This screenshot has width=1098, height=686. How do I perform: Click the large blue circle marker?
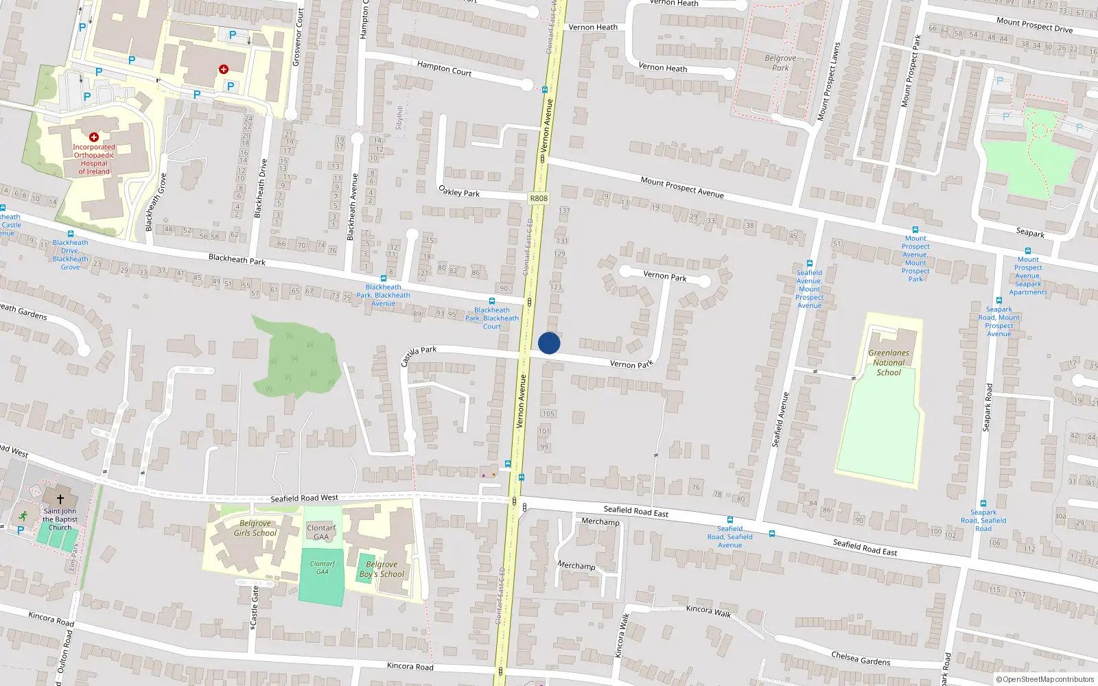549,343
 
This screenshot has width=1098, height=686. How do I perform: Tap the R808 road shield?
539,198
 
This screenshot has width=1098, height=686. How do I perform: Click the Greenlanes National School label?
889,363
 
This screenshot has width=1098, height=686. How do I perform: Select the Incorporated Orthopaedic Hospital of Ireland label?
94,159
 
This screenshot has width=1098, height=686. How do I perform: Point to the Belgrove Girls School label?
255,528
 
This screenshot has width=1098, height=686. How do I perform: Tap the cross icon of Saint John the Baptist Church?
60,499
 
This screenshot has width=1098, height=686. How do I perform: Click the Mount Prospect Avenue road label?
682,187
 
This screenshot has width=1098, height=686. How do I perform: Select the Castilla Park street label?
418,355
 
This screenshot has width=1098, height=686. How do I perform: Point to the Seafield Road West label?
304,498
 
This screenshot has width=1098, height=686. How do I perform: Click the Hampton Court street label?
444,68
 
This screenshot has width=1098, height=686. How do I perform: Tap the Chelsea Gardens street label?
861,659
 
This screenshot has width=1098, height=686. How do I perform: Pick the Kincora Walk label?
709,611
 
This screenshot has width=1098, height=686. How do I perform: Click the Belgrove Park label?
780,62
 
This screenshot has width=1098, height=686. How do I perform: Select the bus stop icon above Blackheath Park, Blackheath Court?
492,301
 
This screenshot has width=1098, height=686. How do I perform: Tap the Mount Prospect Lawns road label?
828,82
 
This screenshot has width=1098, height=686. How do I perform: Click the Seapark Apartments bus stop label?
1028,276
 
